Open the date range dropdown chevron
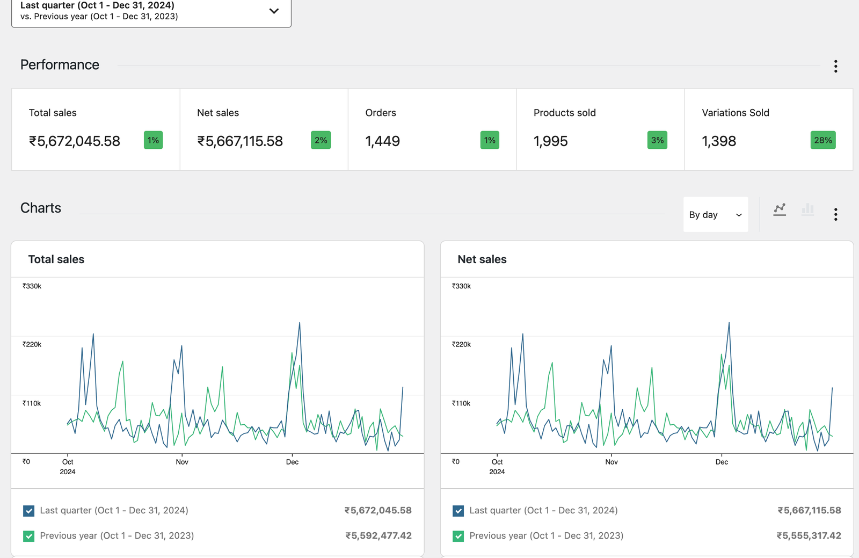coord(274,11)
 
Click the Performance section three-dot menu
coord(835,66)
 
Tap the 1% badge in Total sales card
coord(153,140)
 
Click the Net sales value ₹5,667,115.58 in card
coord(240,141)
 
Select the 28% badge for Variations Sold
coord(822,140)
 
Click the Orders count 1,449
coord(382,141)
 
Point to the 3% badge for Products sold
coord(657,140)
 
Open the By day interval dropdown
coord(715,214)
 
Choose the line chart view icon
coord(780,209)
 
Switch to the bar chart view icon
coord(807,209)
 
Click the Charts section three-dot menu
coord(835,214)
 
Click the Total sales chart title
coord(56,259)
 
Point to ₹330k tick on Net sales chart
coord(461,286)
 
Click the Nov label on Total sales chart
coord(182,462)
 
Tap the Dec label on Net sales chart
coord(722,462)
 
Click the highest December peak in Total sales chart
coord(300,323)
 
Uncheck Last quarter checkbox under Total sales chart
coord(29,511)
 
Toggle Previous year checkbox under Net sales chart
coord(458,536)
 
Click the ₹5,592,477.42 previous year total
coord(378,535)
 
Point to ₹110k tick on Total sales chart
coord(32,403)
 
